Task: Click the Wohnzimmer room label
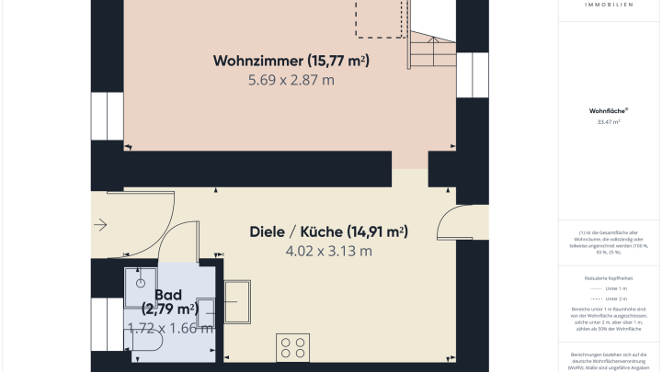click(291, 62)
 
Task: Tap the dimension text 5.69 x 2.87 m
click(291, 80)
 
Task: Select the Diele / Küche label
click(328, 231)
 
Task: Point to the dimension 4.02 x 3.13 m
click(328, 250)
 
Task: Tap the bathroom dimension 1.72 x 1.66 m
click(170, 328)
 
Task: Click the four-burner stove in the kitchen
click(293, 349)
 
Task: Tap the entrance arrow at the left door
click(100, 224)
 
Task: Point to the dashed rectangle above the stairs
click(380, 18)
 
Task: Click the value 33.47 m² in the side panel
click(609, 120)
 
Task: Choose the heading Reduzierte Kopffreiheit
click(609, 276)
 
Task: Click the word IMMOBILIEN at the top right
click(608, 5)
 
